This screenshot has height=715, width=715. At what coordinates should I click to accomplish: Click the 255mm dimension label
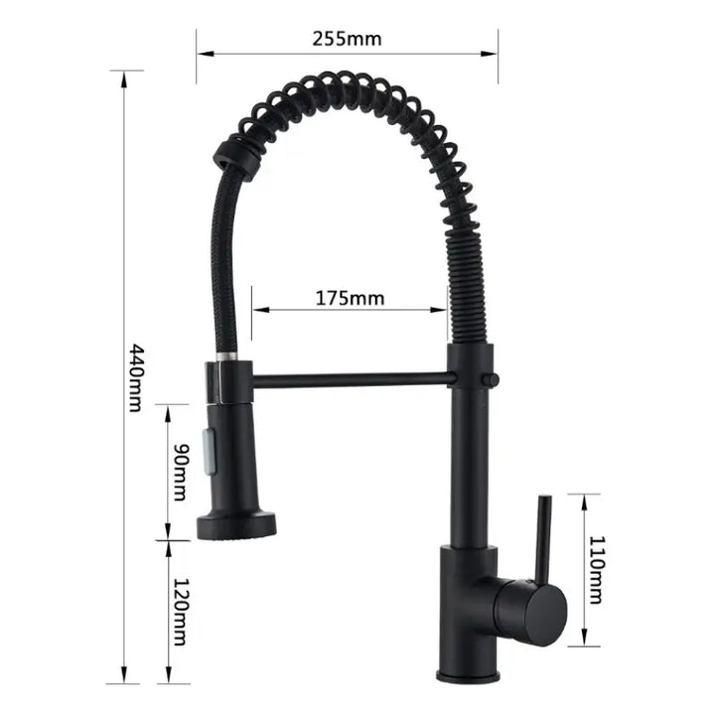(347, 40)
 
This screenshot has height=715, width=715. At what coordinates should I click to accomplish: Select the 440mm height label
(138, 378)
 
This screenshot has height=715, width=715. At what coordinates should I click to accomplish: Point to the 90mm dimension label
(180, 472)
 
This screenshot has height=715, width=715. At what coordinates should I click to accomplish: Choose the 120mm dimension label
(180, 612)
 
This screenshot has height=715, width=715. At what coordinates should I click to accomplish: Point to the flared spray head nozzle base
(235, 522)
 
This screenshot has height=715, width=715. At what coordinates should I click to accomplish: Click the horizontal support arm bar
(353, 377)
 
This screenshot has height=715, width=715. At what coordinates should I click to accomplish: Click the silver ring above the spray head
(226, 356)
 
